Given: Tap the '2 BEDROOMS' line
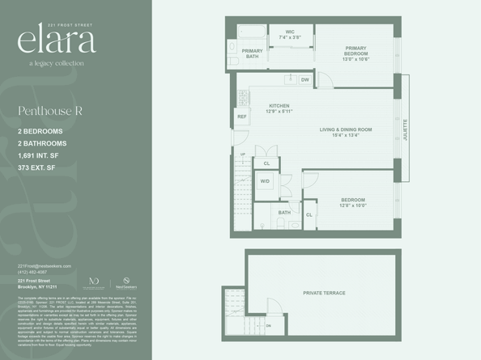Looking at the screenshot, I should tap(42, 131).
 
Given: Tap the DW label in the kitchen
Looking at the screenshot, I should tap(305, 80).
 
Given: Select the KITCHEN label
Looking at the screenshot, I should tap(279, 108).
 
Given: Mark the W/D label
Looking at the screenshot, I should tap(265, 181).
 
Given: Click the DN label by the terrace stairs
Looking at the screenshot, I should tap(269, 325).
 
